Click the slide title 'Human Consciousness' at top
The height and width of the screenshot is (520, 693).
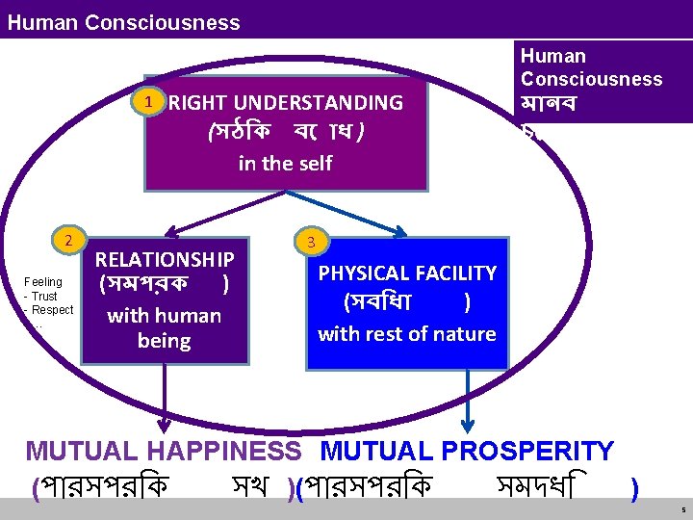coord(123,21)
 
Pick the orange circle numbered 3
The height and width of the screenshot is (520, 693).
coord(310,242)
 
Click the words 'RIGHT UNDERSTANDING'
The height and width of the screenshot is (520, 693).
coord(286,102)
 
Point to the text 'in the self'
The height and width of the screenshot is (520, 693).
coord(285,163)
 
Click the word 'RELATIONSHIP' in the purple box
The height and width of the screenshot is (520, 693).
coord(165,259)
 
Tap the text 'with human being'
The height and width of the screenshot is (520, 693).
coord(164,327)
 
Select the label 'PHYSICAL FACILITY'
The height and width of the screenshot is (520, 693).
coord(407,273)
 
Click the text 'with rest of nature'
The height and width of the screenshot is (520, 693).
coord(406,334)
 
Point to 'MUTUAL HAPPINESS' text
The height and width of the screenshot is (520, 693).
coord(164,451)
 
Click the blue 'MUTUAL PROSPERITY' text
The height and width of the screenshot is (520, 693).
coord(467,451)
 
